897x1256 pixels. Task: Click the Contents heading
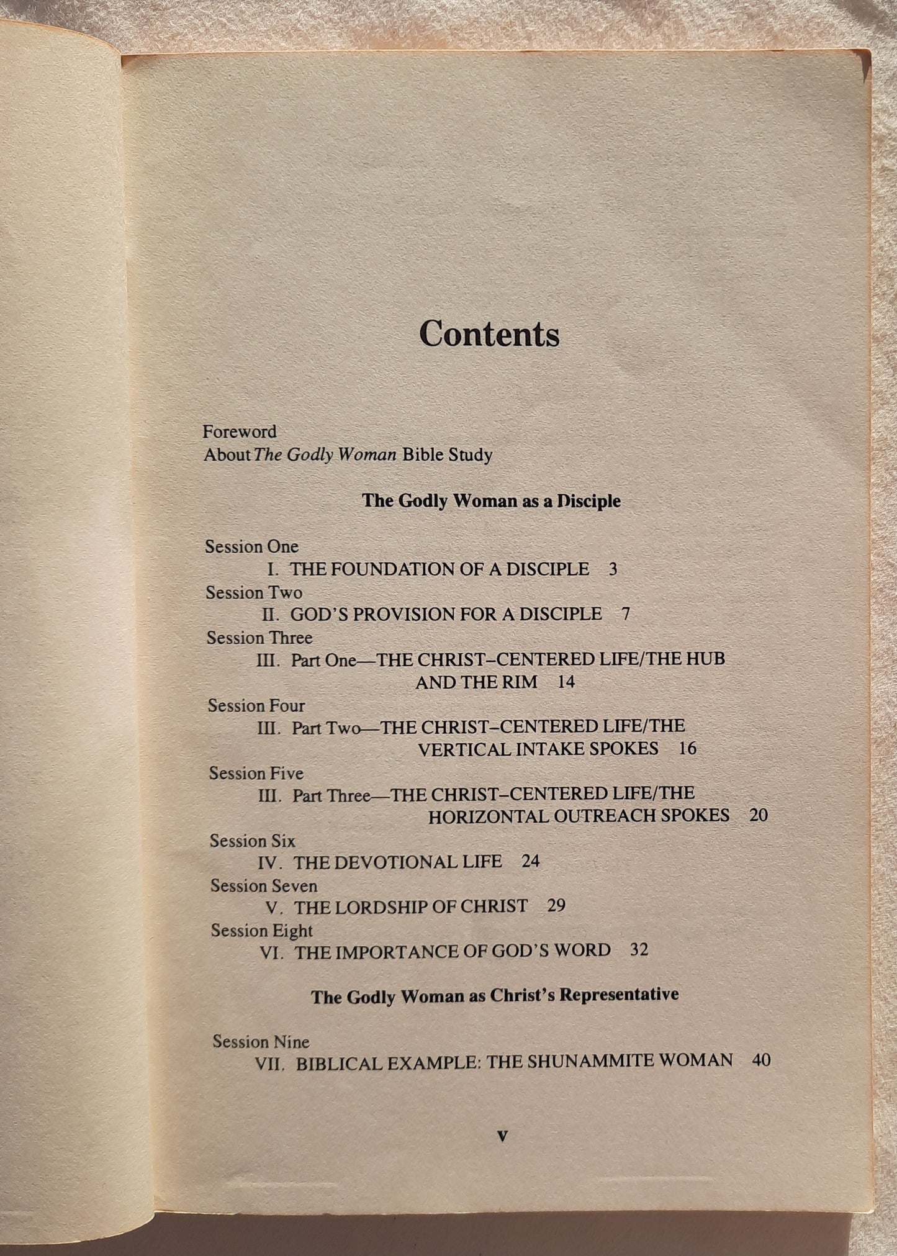(x=489, y=335)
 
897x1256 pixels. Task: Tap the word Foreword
(x=240, y=431)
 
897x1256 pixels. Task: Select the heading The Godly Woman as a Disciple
(x=491, y=501)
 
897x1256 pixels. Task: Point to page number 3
(x=613, y=569)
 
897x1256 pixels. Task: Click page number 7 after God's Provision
(x=625, y=615)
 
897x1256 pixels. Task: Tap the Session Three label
(x=259, y=638)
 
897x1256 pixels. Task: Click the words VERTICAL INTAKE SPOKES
(x=538, y=749)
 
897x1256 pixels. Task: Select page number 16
(x=688, y=749)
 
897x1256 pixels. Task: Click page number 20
(x=759, y=815)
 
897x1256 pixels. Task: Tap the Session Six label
(x=253, y=841)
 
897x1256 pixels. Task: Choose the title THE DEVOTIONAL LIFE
(x=398, y=862)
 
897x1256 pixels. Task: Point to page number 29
(x=556, y=906)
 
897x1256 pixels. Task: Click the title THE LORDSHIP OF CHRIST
(x=411, y=907)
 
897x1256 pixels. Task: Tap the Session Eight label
(x=261, y=931)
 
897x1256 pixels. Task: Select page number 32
(x=639, y=951)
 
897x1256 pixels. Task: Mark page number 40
(x=761, y=1060)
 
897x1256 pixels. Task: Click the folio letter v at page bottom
(x=503, y=1137)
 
